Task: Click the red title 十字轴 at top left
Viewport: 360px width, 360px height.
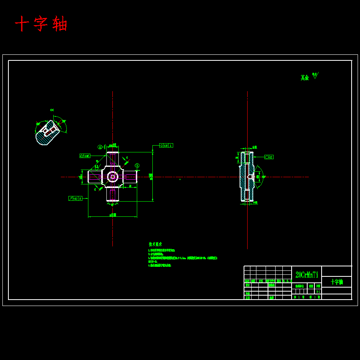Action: click(41, 24)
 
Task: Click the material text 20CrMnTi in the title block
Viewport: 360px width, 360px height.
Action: click(307, 275)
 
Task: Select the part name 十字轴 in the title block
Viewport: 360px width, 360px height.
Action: click(336, 282)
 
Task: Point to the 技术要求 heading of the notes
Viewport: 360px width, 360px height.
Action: click(155, 244)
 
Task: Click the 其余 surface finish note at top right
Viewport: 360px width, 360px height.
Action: click(305, 78)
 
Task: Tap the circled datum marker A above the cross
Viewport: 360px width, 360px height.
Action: click(100, 147)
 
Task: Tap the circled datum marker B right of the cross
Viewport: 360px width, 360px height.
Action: click(137, 165)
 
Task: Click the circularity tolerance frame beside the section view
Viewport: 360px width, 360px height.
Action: click(269, 157)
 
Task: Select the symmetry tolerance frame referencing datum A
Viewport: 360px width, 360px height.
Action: click(166, 146)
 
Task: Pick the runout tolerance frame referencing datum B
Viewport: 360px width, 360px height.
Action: click(75, 198)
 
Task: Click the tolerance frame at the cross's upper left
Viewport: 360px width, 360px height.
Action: click(85, 156)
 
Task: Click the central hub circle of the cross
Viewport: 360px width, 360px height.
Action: click(112, 176)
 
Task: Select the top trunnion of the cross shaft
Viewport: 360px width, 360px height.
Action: click(112, 159)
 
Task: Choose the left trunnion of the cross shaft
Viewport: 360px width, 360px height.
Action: click(95, 177)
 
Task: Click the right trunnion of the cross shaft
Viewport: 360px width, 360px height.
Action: click(130, 177)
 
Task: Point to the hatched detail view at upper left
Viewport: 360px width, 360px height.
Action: click(48, 132)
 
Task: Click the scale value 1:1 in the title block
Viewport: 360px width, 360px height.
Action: click(318, 292)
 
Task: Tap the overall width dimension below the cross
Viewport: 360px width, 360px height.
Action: click(113, 215)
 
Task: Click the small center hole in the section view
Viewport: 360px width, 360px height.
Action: click(250, 176)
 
